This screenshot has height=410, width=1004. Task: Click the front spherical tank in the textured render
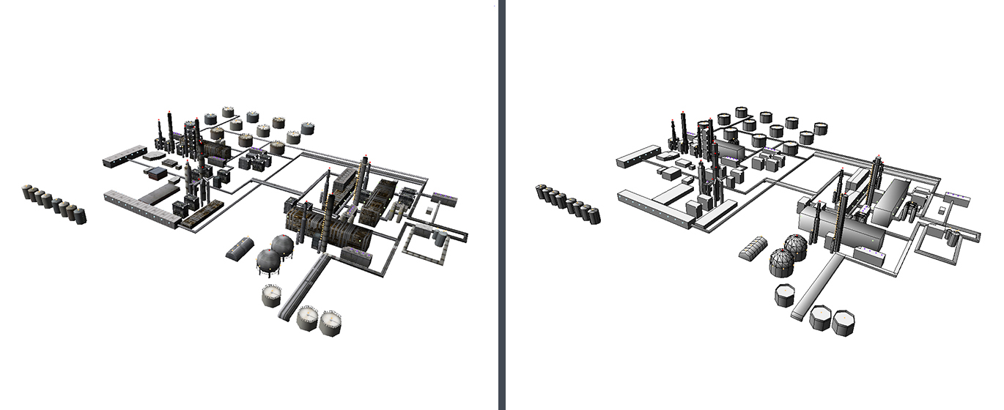(x=267, y=261)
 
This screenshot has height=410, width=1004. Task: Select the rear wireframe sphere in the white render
(x=796, y=245)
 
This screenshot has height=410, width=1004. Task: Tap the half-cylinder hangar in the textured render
(x=240, y=248)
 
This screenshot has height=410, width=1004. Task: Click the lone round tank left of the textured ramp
(x=271, y=295)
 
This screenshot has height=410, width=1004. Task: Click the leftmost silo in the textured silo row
(x=29, y=192)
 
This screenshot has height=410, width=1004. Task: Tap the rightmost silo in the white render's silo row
(x=594, y=215)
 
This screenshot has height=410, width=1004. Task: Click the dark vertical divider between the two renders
(x=501, y=205)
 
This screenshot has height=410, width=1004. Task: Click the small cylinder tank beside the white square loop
(x=953, y=237)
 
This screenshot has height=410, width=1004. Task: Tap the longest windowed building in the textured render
(x=139, y=207)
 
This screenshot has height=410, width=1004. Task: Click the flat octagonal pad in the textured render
(x=154, y=156)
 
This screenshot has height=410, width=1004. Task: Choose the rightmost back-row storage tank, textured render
(x=308, y=128)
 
